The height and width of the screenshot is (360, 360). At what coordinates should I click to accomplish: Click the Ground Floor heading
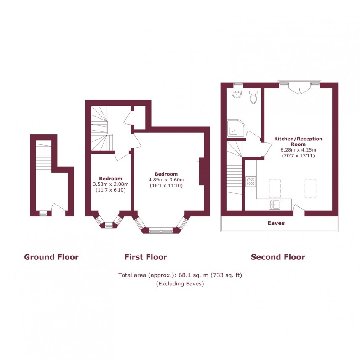[51, 257]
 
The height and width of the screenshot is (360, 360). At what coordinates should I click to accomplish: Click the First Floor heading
[146, 257]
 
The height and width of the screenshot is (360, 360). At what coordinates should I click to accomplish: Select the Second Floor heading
[278, 257]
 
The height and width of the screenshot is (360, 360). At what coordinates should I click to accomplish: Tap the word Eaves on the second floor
[276, 223]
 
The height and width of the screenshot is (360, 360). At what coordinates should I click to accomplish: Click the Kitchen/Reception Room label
[298, 141]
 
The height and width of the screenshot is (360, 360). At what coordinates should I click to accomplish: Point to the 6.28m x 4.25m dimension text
[298, 149]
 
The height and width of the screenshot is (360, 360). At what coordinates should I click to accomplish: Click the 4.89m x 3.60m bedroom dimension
[166, 180]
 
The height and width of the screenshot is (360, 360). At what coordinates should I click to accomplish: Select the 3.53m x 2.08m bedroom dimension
[110, 184]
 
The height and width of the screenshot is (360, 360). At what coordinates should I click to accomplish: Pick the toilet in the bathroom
[253, 98]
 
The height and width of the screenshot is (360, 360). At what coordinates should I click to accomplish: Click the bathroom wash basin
[237, 94]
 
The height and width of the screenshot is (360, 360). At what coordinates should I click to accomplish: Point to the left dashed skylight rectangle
[275, 188]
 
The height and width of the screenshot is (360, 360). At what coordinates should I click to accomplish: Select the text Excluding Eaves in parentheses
[180, 284]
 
